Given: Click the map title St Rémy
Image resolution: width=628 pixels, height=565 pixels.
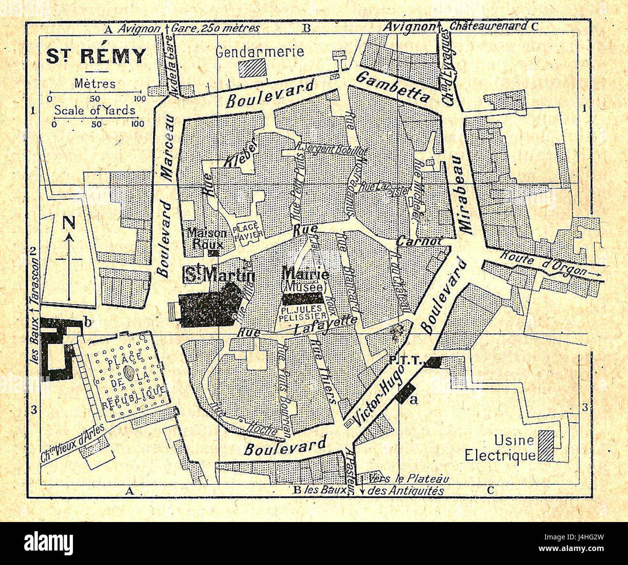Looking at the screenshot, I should pos(96,56).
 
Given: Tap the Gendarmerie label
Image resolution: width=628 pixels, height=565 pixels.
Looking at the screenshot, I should pos(259,51).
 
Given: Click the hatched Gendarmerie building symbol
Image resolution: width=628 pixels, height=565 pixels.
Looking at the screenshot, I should pos(253,67).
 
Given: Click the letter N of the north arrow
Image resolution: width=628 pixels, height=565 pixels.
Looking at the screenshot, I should pos(70,223).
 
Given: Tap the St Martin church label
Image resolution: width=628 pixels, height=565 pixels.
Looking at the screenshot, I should pos(218,275).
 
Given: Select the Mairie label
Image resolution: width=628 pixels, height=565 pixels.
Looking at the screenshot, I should pos(305,274).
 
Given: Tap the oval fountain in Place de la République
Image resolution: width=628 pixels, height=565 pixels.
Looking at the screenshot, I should pos(129,373).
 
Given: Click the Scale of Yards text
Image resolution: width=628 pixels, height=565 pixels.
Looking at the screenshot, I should pos(95,110).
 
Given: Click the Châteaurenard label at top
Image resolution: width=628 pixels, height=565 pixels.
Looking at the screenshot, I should pos(488,26).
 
